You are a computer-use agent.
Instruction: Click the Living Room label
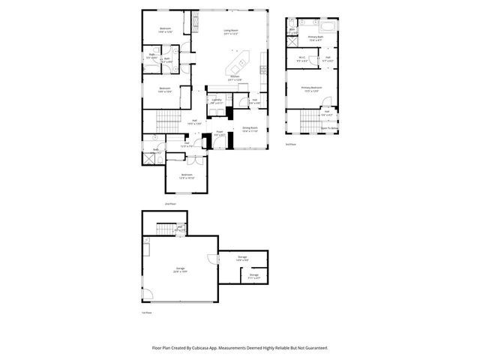pos(230,31)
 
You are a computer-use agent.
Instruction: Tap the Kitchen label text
pos(235,76)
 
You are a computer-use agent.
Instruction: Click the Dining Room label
pos(250,128)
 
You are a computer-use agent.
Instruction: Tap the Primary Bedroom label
pos(311,88)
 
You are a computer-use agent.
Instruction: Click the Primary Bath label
pos(314,37)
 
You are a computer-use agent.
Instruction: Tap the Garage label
pos(180,268)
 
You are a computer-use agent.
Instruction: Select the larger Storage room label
pos(242,257)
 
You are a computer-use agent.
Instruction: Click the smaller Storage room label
pos(254,274)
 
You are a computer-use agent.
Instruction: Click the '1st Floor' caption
pos(147,311)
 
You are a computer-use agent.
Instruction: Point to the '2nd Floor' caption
pos(169,203)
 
